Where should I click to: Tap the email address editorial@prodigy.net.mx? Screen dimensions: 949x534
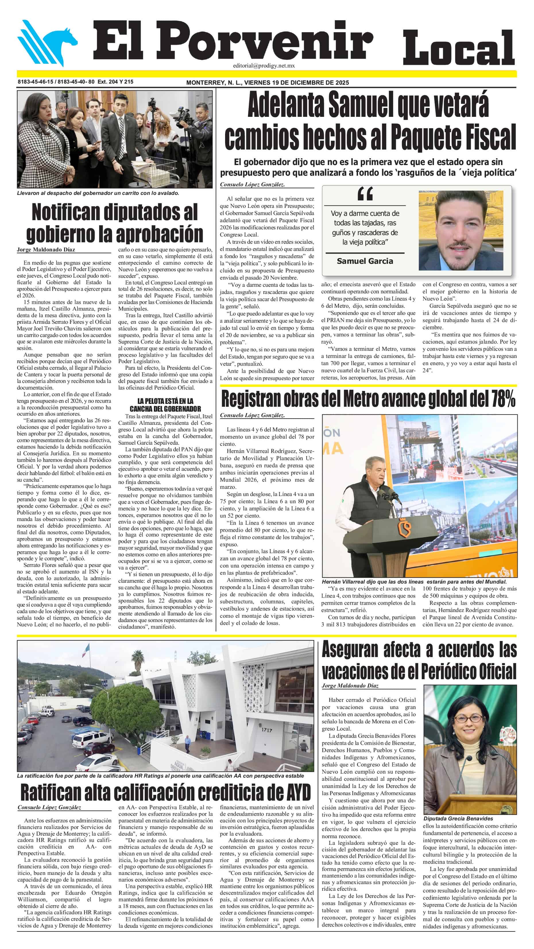coord(264,65)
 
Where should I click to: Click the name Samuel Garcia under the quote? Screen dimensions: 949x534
coord(365,261)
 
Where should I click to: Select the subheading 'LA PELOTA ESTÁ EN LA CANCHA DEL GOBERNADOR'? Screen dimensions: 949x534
coord(165,404)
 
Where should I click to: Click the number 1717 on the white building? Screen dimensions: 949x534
coord(266,729)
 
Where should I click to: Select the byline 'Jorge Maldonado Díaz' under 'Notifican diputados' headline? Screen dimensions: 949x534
coord(46,249)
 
